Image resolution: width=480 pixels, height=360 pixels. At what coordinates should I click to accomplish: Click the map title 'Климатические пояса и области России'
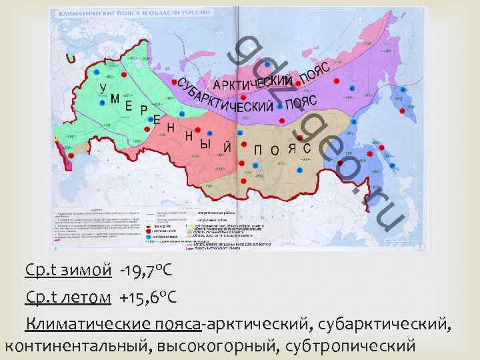134,13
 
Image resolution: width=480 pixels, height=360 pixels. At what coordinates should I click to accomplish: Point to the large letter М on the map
115,99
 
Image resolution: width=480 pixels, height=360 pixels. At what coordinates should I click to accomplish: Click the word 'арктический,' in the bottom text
259,324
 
